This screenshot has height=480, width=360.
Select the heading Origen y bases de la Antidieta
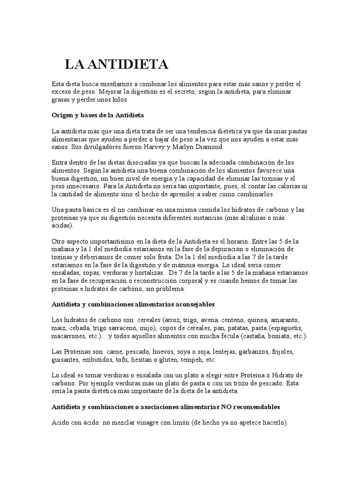click(x=100, y=115)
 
